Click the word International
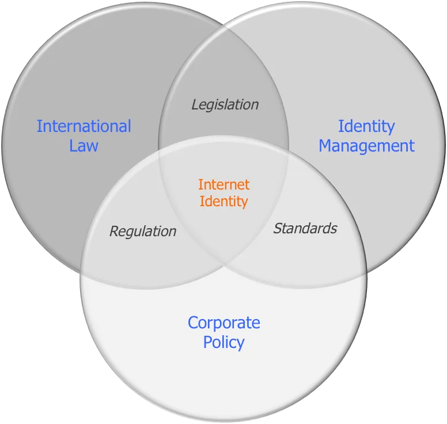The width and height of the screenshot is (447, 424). tap(84, 126)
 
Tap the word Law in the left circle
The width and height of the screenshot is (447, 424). tap(84, 146)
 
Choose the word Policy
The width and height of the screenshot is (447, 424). tap(223, 342)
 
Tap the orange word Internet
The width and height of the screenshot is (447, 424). tap(223, 184)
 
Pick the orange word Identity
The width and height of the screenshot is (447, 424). tap(223, 202)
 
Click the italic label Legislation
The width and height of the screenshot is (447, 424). tap(225, 105)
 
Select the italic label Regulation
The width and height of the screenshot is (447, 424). tap(143, 232)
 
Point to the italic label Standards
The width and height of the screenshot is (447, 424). tap(305, 228)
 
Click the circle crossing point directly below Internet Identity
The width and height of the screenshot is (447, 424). tap(223, 267)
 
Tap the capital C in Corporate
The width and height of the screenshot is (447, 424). tap(193, 323)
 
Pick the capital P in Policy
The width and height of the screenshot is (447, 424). tap(207, 342)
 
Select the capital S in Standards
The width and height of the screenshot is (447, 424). tap(278, 228)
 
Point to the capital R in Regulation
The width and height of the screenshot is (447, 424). tap(114, 231)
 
